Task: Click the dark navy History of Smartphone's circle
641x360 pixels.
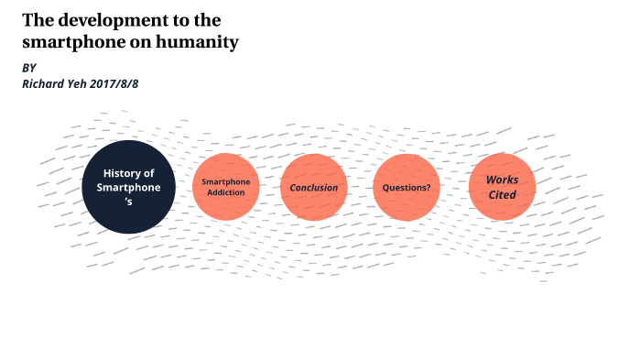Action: (x=127, y=187)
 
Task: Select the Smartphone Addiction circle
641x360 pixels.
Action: (x=225, y=188)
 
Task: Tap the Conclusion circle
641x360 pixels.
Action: (x=314, y=188)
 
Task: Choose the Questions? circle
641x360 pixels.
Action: (x=407, y=188)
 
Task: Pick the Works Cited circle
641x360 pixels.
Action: (x=501, y=188)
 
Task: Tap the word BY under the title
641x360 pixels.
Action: (x=29, y=69)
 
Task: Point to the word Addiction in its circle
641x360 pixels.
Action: (x=225, y=193)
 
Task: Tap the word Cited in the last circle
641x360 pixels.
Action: (x=501, y=195)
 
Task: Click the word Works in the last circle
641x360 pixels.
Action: (x=501, y=180)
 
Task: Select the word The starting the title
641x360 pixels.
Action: (x=39, y=19)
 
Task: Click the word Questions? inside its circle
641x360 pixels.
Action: (x=407, y=188)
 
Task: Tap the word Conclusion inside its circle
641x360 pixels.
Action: (x=314, y=188)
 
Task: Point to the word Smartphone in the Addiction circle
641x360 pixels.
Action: (x=225, y=181)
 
